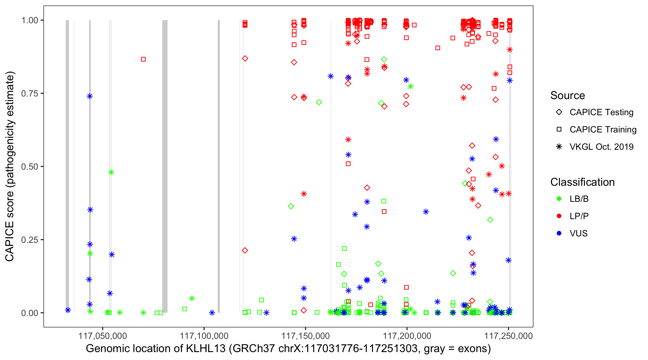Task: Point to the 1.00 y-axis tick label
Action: point(30,20)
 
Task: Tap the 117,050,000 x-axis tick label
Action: point(102,336)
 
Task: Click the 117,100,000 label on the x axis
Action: point(204,336)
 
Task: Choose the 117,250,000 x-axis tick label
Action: point(508,336)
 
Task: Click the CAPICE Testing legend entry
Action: point(601,112)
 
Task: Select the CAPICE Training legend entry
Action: point(603,130)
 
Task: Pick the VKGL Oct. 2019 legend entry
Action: point(601,147)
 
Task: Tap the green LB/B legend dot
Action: point(559,199)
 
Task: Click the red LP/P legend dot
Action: point(559,216)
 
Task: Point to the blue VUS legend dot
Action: point(559,234)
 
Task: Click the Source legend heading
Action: point(568,96)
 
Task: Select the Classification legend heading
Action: point(582,182)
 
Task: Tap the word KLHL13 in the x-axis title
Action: point(205,349)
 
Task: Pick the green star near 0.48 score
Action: point(111,172)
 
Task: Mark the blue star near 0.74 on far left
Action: point(90,96)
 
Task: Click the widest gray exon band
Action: point(165,166)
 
